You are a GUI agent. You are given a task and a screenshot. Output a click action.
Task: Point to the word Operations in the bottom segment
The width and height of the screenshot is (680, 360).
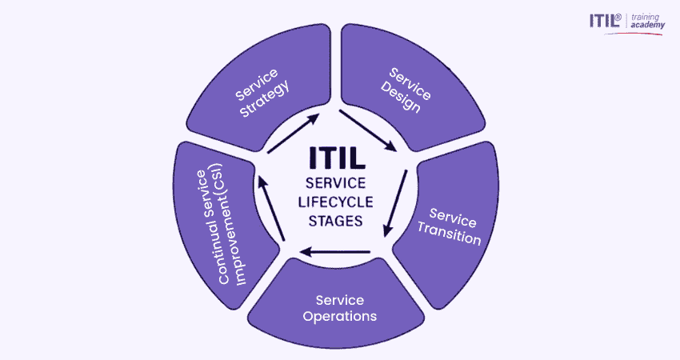[340, 316]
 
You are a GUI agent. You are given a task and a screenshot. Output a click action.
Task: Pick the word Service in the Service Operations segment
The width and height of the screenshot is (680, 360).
[340, 300]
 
